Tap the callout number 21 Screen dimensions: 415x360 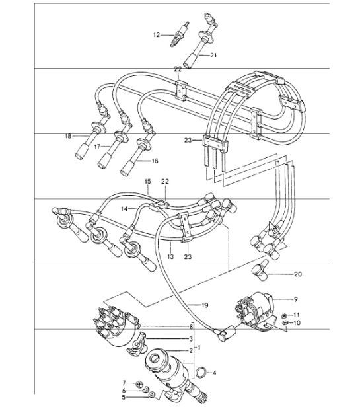pos(213,56)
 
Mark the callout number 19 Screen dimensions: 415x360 pos(205,305)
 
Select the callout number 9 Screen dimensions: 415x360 pos(297,298)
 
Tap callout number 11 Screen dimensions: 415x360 pos(297,315)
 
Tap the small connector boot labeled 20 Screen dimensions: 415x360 pos(261,272)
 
